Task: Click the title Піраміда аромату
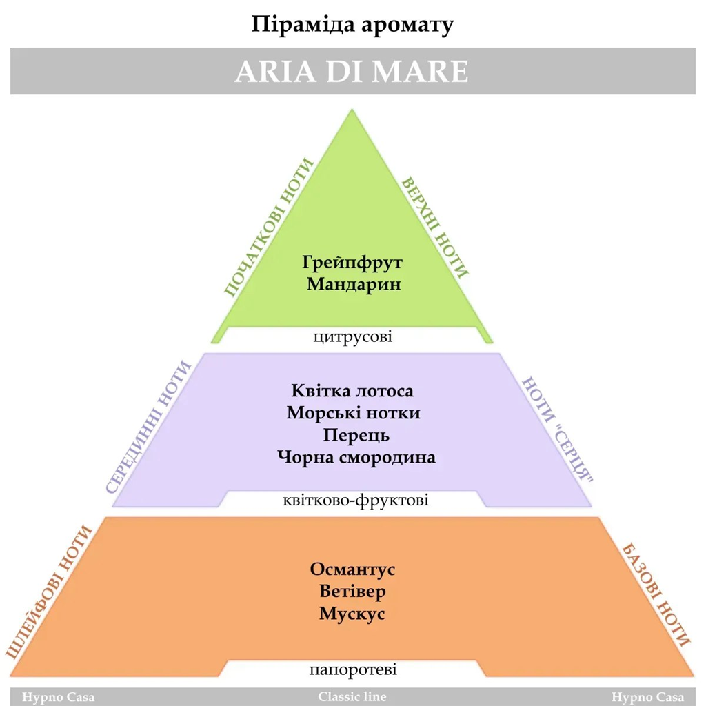[x=352, y=26]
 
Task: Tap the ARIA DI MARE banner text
[x=352, y=72]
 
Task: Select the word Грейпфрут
[x=352, y=263]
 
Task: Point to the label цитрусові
[x=352, y=336]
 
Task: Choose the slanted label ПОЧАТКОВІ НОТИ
[x=269, y=228]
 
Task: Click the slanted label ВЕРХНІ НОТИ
[x=435, y=228]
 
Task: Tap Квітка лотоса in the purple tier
[x=352, y=390]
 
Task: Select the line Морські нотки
[x=354, y=413]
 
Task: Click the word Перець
[x=356, y=436]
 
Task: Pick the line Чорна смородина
[x=356, y=458]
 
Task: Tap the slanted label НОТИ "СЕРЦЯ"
[x=557, y=429]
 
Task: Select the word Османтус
[x=352, y=569]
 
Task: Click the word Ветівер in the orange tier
[x=352, y=591]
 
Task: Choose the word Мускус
[x=352, y=614]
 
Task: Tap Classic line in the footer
[x=352, y=696]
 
